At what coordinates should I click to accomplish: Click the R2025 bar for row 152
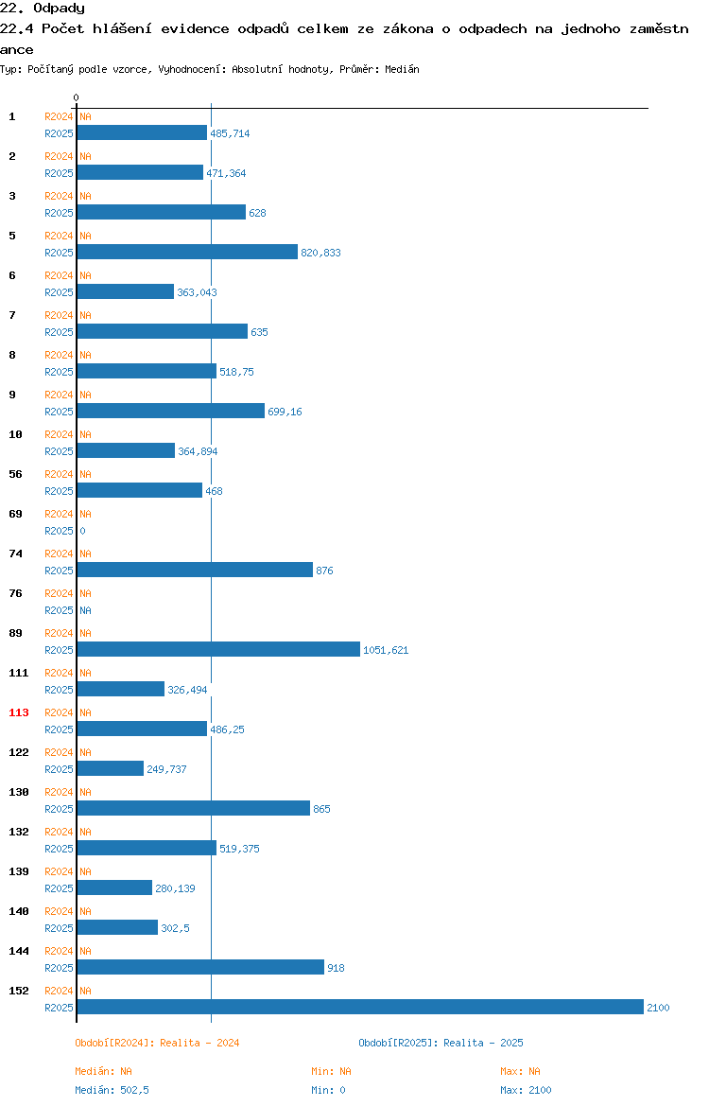tap(360, 1007)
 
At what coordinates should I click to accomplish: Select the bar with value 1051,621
tap(218, 649)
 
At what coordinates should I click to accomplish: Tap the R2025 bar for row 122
tap(110, 768)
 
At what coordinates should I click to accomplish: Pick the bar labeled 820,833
tap(187, 252)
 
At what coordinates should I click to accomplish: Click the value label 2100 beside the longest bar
tap(658, 1008)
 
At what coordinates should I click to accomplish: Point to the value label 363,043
tap(197, 292)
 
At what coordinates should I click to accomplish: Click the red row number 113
tap(18, 712)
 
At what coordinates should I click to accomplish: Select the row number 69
tap(15, 514)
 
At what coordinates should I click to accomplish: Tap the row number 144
tap(18, 951)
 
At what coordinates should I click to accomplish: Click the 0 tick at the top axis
tap(77, 97)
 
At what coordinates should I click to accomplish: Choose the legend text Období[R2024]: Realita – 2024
tap(157, 1043)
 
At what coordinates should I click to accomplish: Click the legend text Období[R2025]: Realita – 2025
tap(441, 1043)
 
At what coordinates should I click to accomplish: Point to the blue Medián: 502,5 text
tap(112, 1090)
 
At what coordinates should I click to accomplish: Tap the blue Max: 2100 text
tap(526, 1090)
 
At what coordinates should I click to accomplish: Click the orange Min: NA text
tap(331, 1071)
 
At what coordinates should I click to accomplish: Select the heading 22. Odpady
tap(43, 9)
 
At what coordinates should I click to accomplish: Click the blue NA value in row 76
tap(85, 610)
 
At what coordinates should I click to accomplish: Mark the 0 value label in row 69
tap(82, 531)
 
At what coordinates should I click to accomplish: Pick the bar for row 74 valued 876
tap(195, 570)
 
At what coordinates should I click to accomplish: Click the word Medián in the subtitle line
tap(402, 69)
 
